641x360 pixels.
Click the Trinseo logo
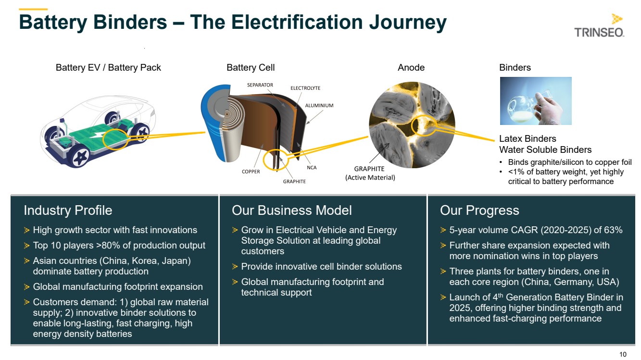(599, 25)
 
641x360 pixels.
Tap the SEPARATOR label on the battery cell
(260, 85)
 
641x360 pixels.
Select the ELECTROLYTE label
(305, 88)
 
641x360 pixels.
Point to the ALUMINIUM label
(319, 106)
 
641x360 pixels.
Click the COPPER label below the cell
(251, 172)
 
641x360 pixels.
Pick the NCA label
(312, 168)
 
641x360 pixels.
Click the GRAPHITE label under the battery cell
(294, 181)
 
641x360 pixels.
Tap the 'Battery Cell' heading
(251, 67)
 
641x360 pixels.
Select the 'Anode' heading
(411, 67)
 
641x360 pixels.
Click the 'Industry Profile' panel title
(68, 211)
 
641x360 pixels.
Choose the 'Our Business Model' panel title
(291, 211)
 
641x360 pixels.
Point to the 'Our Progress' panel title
(479, 211)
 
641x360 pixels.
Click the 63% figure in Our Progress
(613, 230)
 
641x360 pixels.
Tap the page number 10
(623, 354)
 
